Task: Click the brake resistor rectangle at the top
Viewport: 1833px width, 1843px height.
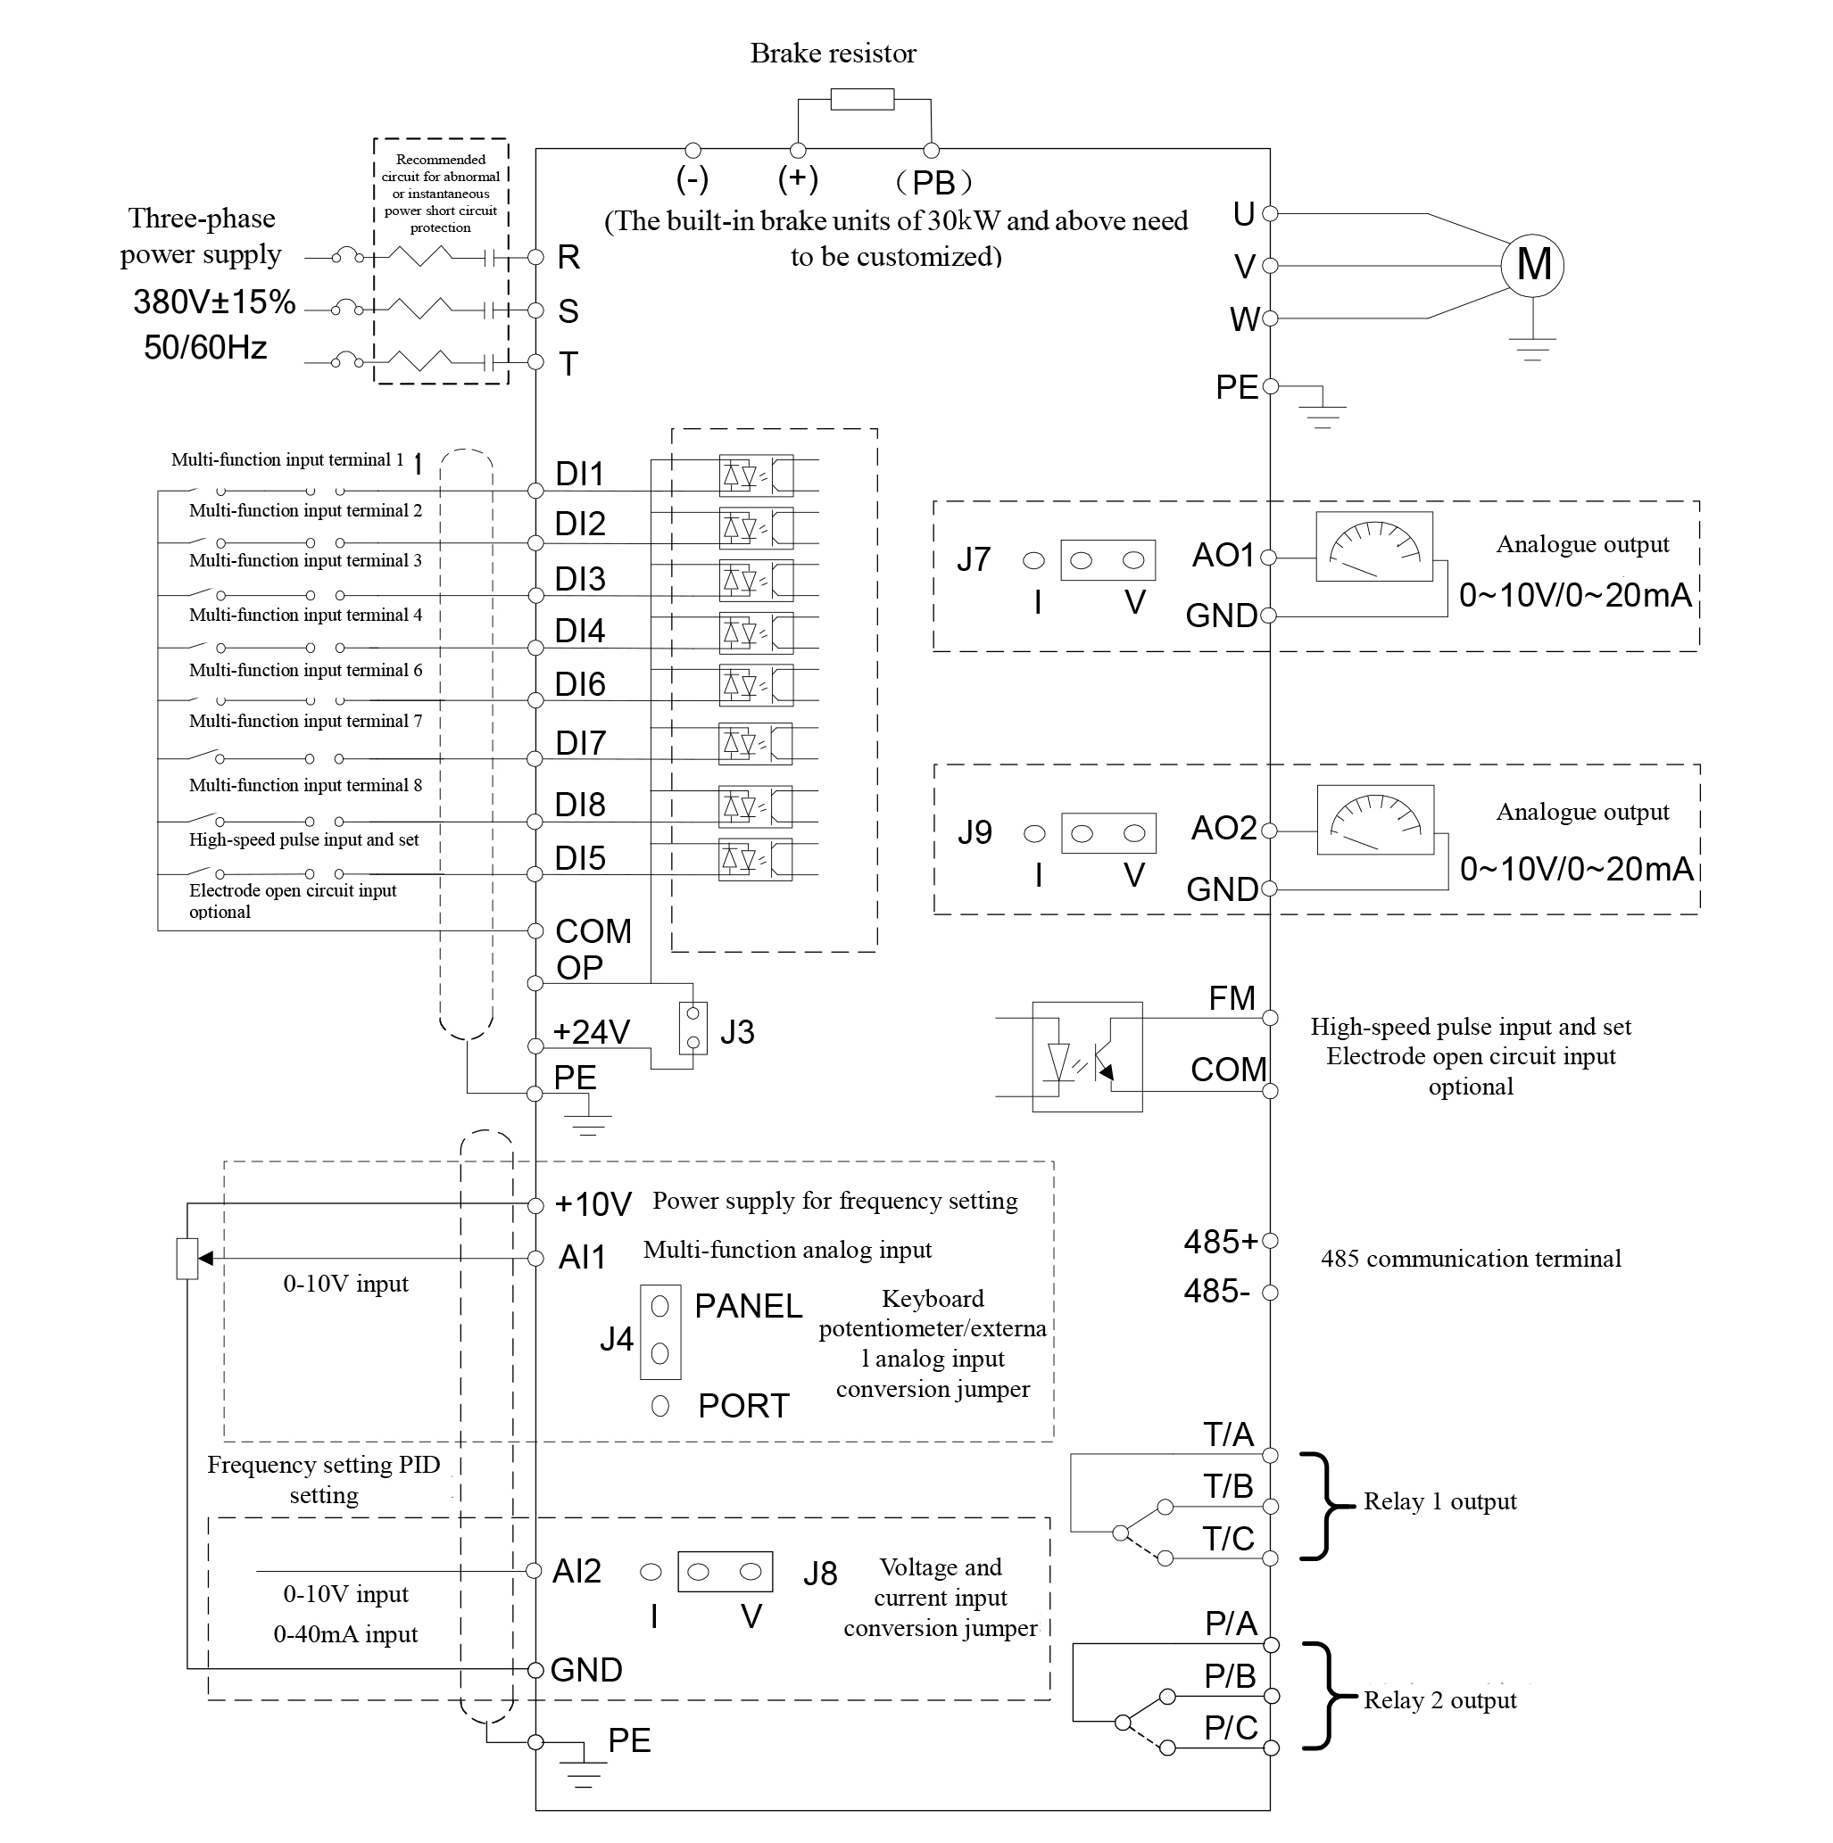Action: click(x=862, y=99)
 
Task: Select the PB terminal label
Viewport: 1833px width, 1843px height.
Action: click(x=933, y=182)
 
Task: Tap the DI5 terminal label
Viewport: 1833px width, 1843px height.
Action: click(x=580, y=858)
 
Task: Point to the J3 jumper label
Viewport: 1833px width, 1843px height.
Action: click(x=736, y=1032)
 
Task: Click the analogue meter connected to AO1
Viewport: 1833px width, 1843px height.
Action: click(x=1374, y=547)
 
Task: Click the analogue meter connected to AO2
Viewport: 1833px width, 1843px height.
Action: click(x=1375, y=820)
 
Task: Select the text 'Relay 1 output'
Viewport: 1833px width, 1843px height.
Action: click(x=1439, y=1500)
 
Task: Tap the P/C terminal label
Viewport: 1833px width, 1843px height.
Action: click(x=1231, y=1727)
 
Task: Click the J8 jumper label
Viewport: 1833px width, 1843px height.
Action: click(x=819, y=1573)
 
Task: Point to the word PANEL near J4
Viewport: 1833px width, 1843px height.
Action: click(x=748, y=1306)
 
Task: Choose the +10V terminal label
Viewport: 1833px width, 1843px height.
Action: click(x=593, y=1204)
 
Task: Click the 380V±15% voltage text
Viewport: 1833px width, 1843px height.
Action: click(x=215, y=302)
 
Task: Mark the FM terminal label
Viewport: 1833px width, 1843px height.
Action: click(x=1232, y=998)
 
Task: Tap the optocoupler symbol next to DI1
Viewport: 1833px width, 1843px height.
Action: click(x=756, y=475)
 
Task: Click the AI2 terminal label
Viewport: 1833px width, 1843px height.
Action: click(x=577, y=1570)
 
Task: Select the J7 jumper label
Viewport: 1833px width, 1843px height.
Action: click(x=974, y=559)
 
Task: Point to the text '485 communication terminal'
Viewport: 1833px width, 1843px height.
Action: click(x=1471, y=1258)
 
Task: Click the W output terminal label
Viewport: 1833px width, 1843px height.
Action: click(x=1244, y=318)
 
